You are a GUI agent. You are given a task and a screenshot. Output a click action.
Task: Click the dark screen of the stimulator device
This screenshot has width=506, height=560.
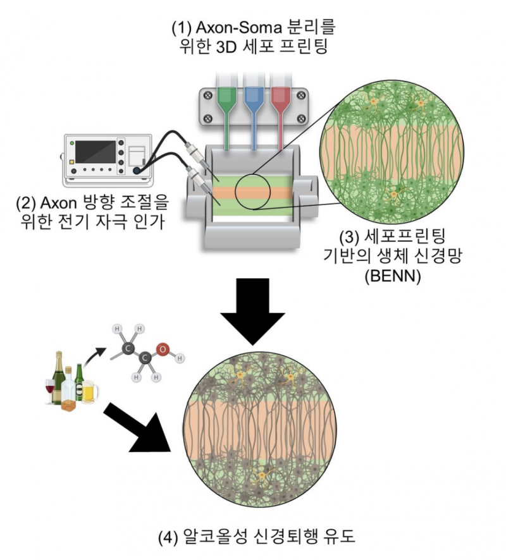point(96,151)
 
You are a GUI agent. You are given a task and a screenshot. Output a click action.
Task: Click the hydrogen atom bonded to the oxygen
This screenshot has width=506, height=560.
point(180,358)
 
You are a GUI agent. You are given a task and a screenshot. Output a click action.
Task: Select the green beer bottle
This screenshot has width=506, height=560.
point(79,382)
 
